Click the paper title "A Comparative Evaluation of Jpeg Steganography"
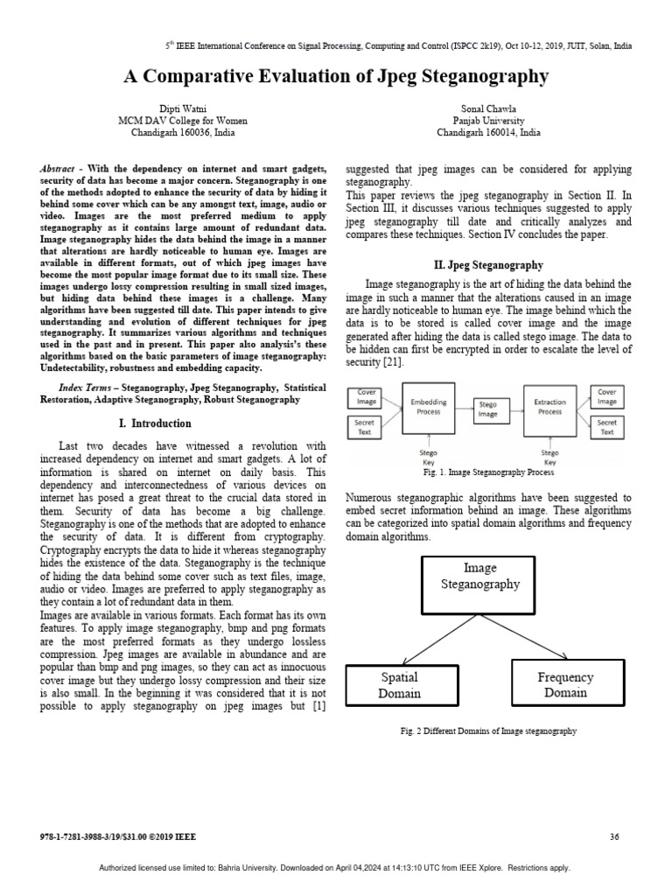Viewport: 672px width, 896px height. [x=336, y=76]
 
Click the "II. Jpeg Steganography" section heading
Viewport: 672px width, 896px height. [x=488, y=265]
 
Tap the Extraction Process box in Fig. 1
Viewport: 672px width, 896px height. [x=549, y=408]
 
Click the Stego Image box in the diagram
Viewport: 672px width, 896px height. [x=488, y=409]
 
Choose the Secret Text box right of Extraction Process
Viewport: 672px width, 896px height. [x=606, y=427]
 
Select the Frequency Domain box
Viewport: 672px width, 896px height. [x=565, y=684]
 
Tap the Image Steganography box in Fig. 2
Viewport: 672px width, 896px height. [x=479, y=585]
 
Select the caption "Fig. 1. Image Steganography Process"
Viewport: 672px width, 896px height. [x=488, y=472]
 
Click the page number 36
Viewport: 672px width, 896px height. [x=613, y=837]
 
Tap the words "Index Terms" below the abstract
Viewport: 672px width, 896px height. [x=83, y=387]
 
